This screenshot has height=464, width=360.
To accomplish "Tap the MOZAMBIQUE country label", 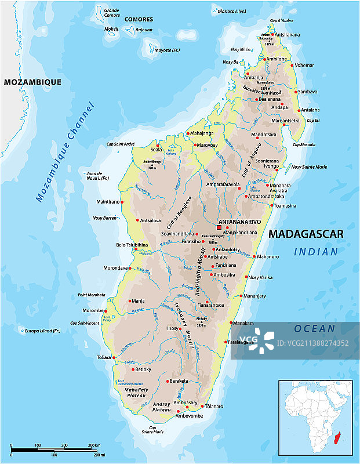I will (x=32, y=82).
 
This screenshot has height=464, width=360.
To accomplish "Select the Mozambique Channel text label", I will (x=64, y=152).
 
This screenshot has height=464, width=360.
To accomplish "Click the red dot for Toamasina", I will (x=271, y=205).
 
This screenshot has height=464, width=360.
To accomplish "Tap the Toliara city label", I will (x=104, y=357).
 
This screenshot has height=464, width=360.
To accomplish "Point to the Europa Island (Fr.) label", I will (x=42, y=331).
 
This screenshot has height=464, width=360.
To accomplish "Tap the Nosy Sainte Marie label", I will (x=309, y=167).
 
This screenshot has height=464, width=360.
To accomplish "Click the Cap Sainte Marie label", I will (x=153, y=431).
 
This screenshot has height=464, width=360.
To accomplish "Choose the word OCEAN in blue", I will (x=314, y=328).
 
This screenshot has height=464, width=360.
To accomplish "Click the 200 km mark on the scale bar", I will (x=93, y=445).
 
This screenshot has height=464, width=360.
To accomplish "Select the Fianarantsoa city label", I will (x=209, y=305).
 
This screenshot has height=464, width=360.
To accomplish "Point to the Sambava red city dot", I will (x=296, y=92).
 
